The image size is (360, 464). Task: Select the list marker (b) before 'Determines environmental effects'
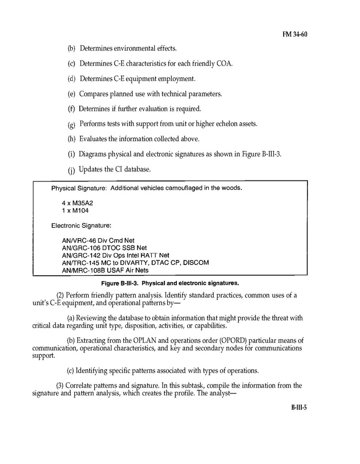71,48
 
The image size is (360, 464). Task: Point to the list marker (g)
71,125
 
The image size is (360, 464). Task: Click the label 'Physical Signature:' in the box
79,188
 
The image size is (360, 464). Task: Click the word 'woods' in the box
231,188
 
